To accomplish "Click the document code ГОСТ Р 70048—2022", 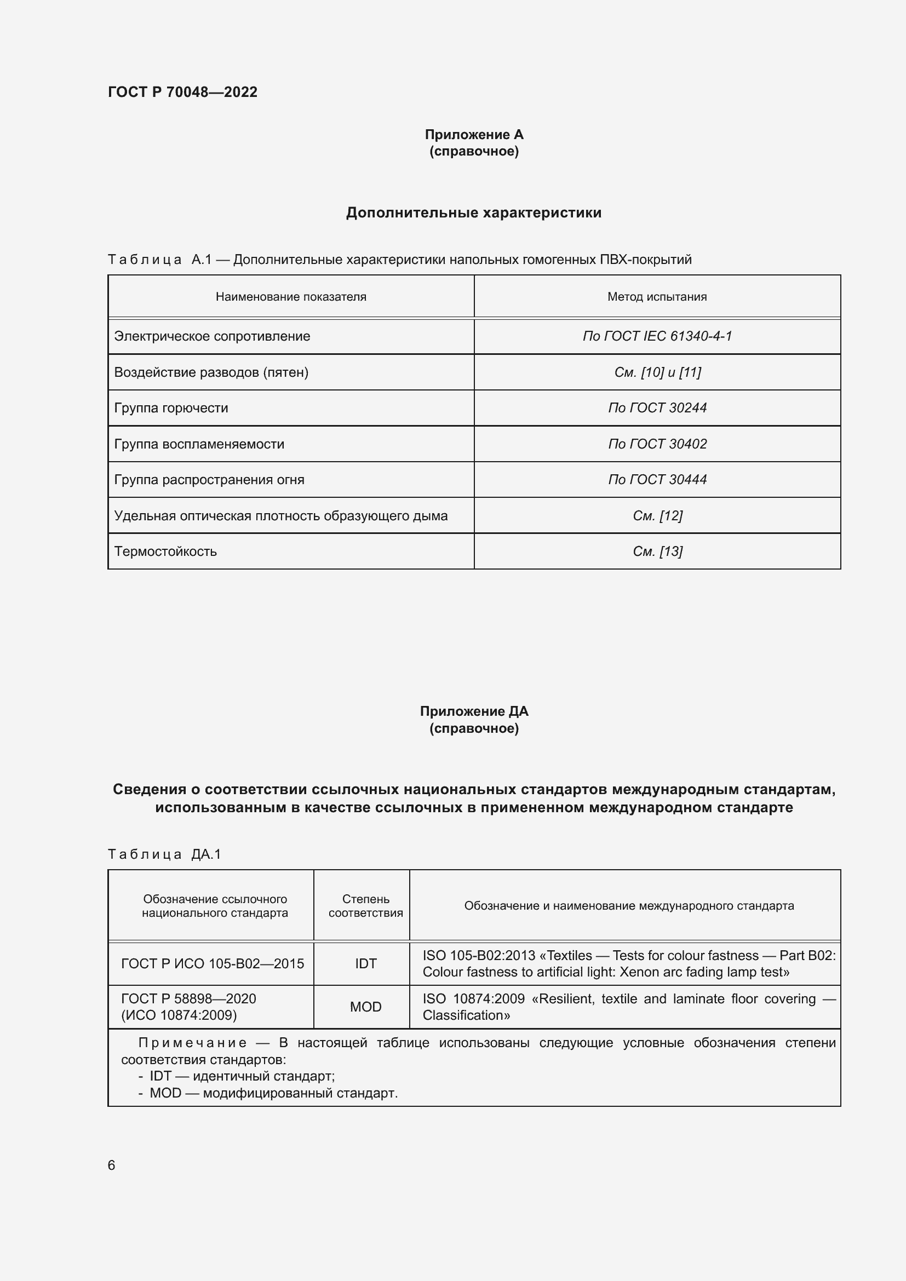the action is tap(182, 92).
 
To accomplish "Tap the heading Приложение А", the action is tap(474, 135).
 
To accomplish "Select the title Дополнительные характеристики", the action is tap(474, 212).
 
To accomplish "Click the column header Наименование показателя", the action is tap(291, 297).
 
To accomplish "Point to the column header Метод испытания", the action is tap(657, 297).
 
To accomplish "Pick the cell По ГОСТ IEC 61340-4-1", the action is tap(657, 336).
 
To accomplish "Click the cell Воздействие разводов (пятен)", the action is tap(211, 372).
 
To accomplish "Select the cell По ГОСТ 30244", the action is tap(657, 408).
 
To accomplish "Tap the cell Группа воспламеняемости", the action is tap(199, 444).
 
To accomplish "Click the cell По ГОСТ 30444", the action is tap(657, 480).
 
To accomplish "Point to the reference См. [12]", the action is tap(657, 515).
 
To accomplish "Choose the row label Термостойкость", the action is tap(165, 552).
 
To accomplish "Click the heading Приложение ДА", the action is tap(474, 711).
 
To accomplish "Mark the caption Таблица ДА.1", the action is tap(164, 854).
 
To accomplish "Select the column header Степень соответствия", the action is tap(365, 905).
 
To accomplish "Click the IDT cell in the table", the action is tap(365, 963).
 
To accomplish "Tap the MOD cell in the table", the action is tap(365, 1007).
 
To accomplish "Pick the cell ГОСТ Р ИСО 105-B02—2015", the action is tap(213, 963).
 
